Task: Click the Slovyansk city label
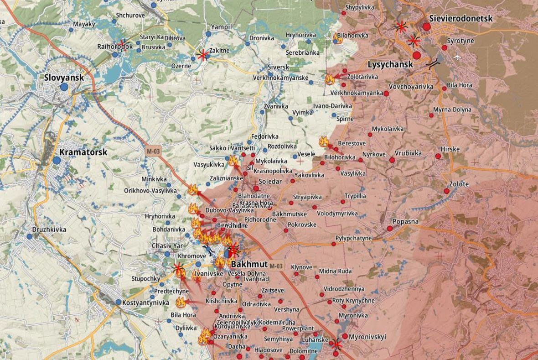click(64, 78)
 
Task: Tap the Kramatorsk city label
click(83, 152)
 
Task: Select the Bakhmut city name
click(249, 264)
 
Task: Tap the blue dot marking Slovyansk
click(64, 87)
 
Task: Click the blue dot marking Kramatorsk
click(57, 160)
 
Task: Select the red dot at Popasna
click(389, 228)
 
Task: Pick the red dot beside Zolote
click(447, 191)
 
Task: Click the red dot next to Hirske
click(438, 156)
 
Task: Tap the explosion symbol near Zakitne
click(202, 55)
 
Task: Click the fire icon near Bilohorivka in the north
click(338, 38)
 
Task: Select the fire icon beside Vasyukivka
click(233, 160)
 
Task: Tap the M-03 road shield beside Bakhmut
click(276, 266)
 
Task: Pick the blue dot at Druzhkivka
click(30, 236)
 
